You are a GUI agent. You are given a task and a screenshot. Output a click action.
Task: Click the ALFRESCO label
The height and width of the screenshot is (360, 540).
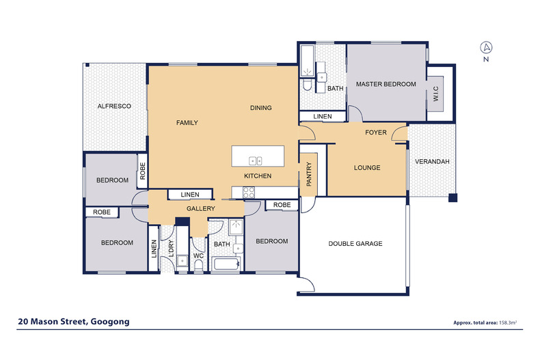pyautogui.click(x=113, y=106)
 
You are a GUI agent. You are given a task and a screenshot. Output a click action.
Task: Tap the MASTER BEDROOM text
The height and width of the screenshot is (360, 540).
pyautogui.click(x=386, y=84)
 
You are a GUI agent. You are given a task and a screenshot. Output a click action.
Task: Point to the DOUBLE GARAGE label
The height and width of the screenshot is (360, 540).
pyautogui.click(x=355, y=243)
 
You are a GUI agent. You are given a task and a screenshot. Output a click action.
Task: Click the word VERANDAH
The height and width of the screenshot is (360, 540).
pyautogui.click(x=432, y=161)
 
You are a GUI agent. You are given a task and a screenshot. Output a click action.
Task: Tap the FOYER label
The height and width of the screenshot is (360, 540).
pyautogui.click(x=376, y=131)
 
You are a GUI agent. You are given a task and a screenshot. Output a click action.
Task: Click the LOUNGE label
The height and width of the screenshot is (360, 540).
pyautogui.click(x=366, y=167)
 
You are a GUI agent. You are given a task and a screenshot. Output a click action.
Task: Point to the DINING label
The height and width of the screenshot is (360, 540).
pyautogui.click(x=260, y=108)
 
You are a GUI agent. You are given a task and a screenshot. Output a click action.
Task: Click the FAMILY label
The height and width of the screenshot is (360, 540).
pyautogui.click(x=187, y=123)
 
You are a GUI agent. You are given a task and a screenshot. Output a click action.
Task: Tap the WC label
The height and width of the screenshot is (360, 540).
pyautogui.click(x=198, y=256)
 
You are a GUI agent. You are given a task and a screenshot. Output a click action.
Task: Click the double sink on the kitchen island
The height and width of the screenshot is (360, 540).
pyautogui.click(x=256, y=161)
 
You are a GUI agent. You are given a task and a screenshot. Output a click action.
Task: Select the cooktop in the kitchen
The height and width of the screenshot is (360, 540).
pyautogui.click(x=249, y=193)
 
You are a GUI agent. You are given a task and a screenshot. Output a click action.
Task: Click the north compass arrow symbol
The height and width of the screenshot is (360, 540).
pyautogui.click(x=485, y=47)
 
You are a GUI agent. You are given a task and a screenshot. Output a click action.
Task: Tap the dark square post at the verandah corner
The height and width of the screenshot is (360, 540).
pyautogui.click(x=451, y=199)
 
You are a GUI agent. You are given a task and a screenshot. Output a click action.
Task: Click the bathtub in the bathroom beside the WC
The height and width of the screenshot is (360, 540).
pyautogui.click(x=225, y=264)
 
